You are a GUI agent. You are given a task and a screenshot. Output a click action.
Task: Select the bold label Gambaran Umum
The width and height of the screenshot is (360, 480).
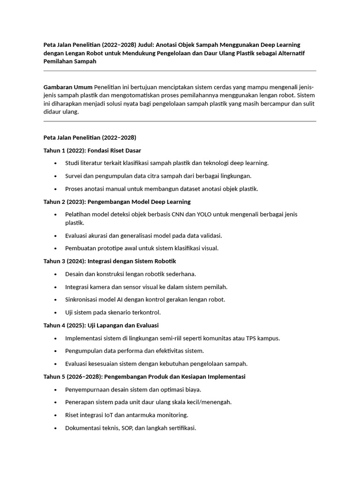pyautogui.click(x=67, y=87)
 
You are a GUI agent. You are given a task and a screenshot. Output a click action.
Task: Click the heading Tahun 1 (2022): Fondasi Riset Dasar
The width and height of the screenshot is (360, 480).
pyautogui.click(x=92, y=150)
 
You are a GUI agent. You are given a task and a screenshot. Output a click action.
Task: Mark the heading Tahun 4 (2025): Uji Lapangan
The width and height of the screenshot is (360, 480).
pyautogui.click(x=101, y=325)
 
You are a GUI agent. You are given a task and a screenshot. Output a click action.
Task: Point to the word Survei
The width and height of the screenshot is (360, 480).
pyautogui.click(x=75, y=176)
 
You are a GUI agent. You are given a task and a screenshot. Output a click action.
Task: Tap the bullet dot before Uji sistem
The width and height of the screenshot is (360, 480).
pyautogui.click(x=55, y=313)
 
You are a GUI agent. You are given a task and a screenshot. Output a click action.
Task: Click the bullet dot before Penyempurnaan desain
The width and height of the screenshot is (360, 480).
pyautogui.click(x=55, y=390)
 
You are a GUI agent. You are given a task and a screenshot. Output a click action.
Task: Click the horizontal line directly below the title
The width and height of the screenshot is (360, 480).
pyautogui.click(x=180, y=71)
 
